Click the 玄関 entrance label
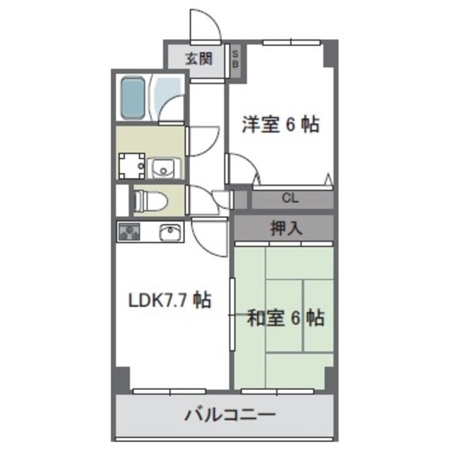coord(199,59)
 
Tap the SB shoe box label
coord(235,59)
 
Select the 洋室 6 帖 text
coord(280,126)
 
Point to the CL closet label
coord(290,198)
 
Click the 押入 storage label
coord(286,228)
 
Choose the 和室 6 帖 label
coord(285,319)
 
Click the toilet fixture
coord(150,201)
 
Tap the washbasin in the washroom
coord(164,167)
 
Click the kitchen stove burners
coord(130,232)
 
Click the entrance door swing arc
coord(206,27)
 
